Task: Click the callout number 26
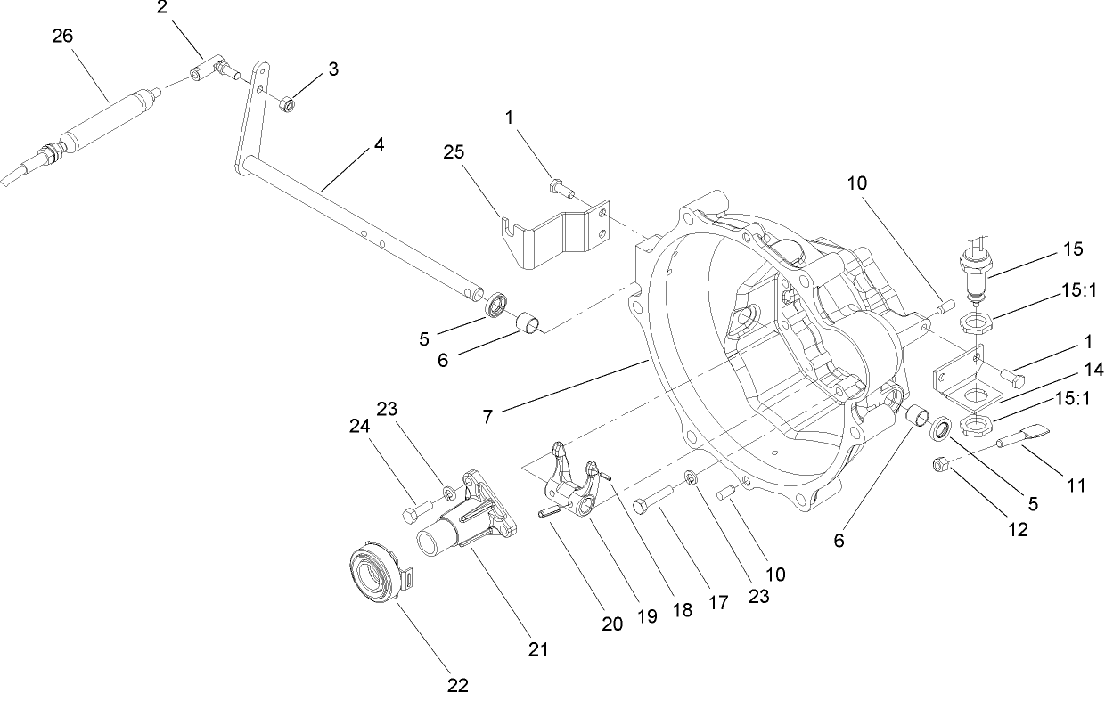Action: [62, 36]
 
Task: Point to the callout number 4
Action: [380, 143]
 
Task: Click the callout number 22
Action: [456, 685]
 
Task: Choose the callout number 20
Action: [611, 624]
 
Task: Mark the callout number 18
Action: [682, 610]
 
